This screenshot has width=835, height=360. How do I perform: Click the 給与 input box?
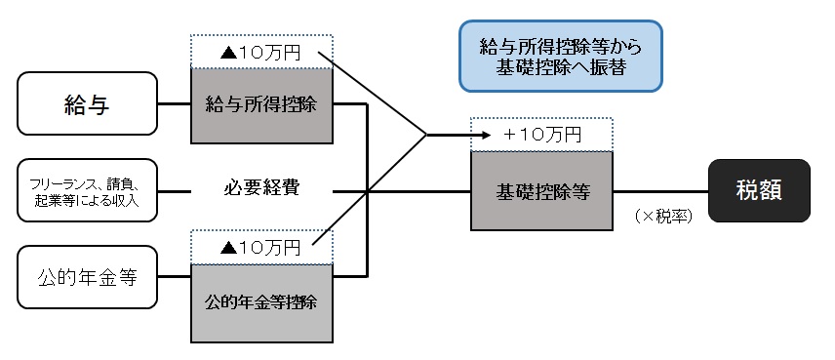(x=86, y=103)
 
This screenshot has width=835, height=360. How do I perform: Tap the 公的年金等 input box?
(x=86, y=277)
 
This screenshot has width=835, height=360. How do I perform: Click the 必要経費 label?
(x=261, y=187)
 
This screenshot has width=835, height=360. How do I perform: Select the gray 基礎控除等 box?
(x=541, y=192)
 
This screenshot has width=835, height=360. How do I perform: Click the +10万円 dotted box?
(x=541, y=135)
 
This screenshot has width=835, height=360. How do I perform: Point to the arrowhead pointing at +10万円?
(x=464, y=135)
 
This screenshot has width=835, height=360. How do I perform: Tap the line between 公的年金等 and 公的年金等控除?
(x=174, y=277)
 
